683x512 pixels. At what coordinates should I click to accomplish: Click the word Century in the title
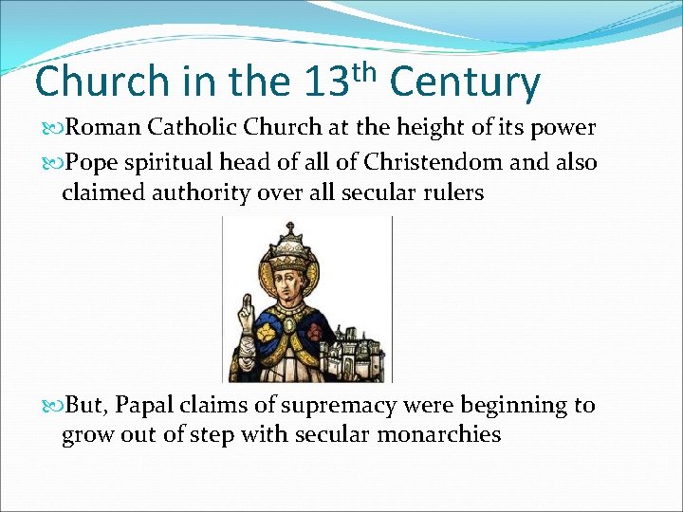click(x=465, y=82)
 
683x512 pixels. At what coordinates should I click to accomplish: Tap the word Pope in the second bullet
click(x=93, y=162)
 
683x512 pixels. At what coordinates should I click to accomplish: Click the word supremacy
click(x=339, y=405)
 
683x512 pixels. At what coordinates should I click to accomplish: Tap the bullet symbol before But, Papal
click(x=51, y=406)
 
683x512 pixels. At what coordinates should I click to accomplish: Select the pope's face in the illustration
click(x=288, y=285)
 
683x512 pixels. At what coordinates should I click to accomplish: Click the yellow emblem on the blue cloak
click(x=261, y=327)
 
